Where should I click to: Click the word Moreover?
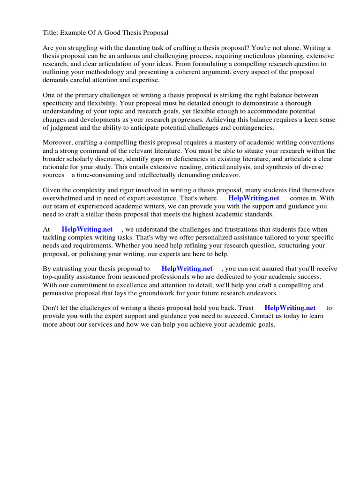coord(59,142)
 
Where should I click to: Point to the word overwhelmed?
coord(62,198)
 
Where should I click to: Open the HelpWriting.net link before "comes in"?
coord(254,198)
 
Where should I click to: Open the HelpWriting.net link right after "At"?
coord(87,229)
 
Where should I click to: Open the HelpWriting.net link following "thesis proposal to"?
coord(187,269)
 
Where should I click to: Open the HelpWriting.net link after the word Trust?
coord(290,308)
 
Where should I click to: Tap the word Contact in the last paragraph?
coord(249,316)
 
